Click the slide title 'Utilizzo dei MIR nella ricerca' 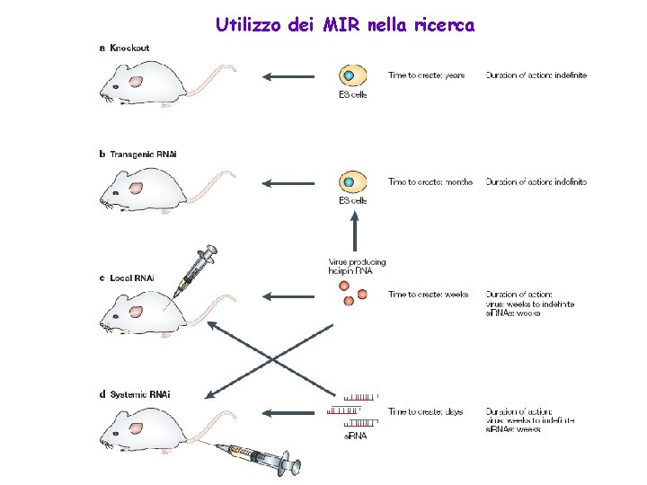pyautogui.click(x=345, y=25)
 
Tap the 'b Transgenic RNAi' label pyautogui.click(x=137, y=154)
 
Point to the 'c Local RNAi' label pyautogui.click(x=126, y=278)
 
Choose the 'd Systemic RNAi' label pyautogui.click(x=135, y=393)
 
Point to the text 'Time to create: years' pyautogui.click(x=426, y=75)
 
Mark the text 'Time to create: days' pyautogui.click(x=425, y=411)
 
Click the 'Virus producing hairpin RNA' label pyautogui.click(x=357, y=267)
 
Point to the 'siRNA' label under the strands pyautogui.click(x=357, y=436)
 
